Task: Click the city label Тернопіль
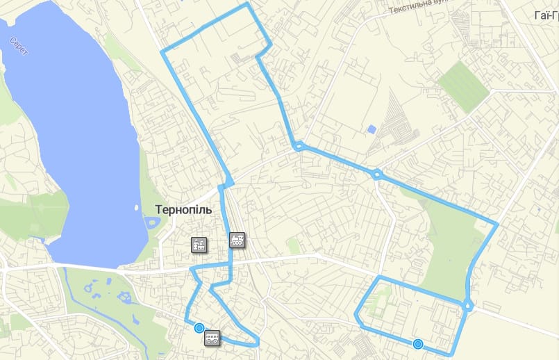183,210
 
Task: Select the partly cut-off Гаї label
546,15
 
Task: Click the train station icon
237,240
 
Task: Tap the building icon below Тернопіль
199,245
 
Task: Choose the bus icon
212,338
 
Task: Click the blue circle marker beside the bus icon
199,328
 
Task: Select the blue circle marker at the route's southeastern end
417,343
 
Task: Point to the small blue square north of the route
372,129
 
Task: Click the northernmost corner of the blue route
247,3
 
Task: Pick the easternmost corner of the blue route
497,224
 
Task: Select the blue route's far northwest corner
162,51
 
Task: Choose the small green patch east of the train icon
294,245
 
